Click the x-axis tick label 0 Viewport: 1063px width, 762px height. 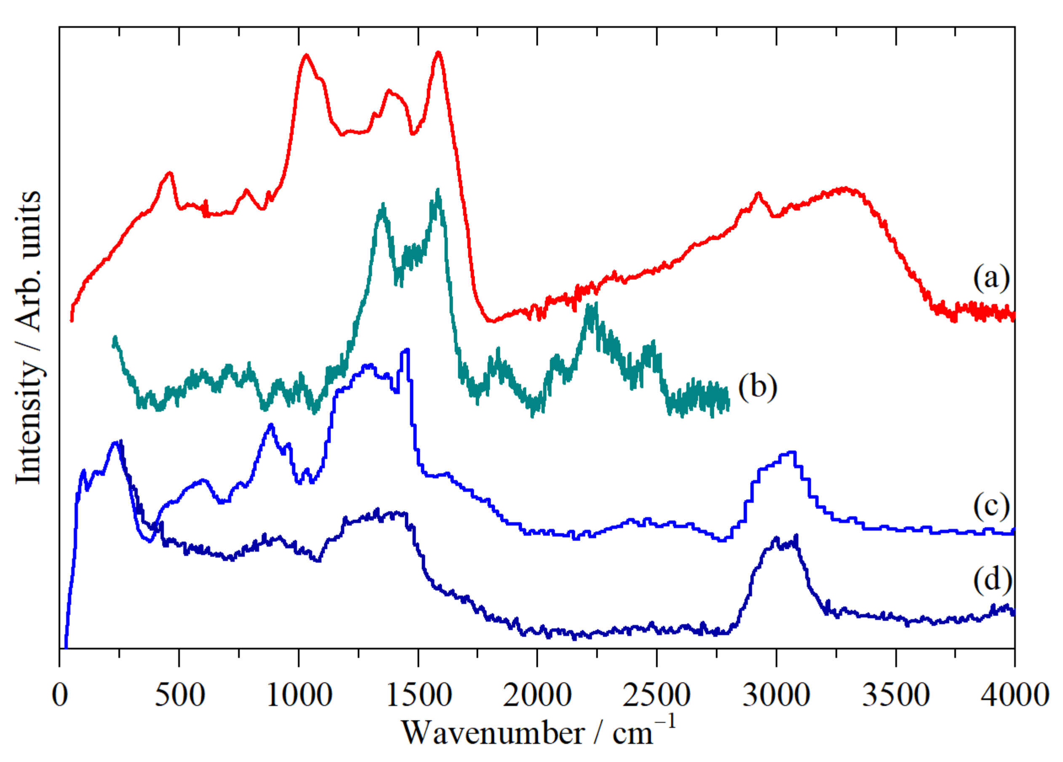click(x=59, y=695)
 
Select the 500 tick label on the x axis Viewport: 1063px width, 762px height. click(x=179, y=695)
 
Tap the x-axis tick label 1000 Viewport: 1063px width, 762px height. click(x=299, y=695)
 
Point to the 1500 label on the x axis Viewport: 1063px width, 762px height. click(x=419, y=695)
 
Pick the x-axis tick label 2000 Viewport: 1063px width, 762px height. click(x=537, y=695)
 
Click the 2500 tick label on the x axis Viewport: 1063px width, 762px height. click(x=657, y=695)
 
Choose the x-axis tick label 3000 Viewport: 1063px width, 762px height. click(x=776, y=695)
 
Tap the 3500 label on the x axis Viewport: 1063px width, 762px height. click(x=896, y=695)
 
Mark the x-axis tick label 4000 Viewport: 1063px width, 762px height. click(x=1015, y=695)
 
